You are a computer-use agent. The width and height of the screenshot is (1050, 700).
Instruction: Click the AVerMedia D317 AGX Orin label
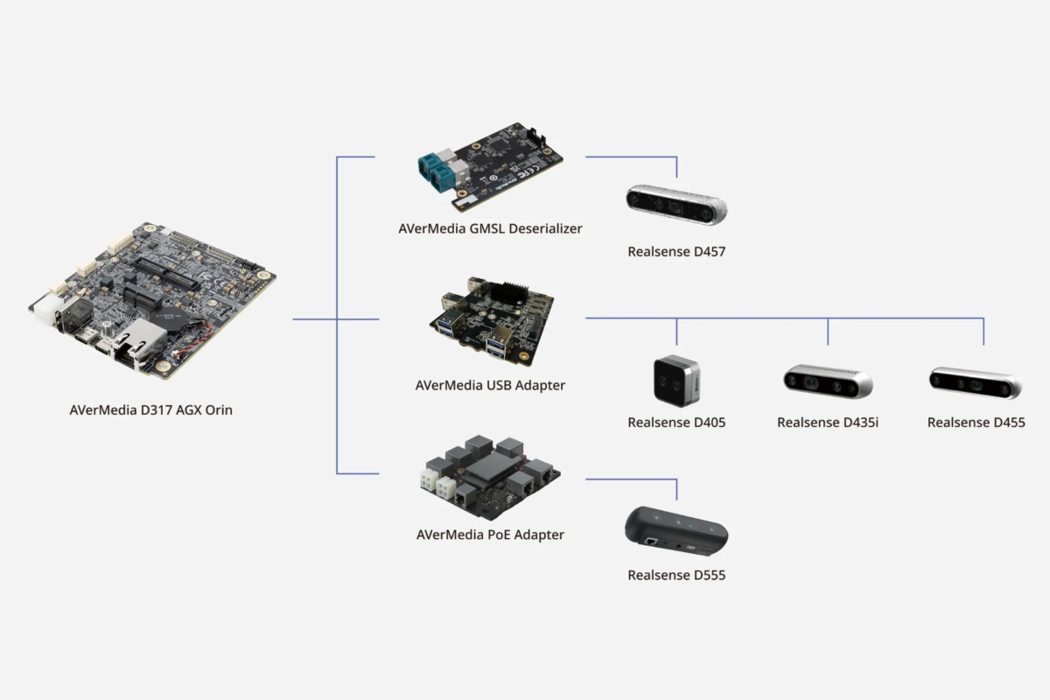tap(150, 409)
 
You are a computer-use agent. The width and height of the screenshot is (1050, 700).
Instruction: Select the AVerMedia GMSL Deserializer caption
tap(490, 228)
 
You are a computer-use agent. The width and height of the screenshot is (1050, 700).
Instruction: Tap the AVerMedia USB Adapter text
tap(490, 385)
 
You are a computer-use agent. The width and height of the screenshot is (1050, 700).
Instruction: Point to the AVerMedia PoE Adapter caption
tap(490, 535)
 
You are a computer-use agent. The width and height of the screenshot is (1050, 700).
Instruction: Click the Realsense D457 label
tap(676, 252)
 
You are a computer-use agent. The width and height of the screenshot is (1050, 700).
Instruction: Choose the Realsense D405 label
tap(676, 423)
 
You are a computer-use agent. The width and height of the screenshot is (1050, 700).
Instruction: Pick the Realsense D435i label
tap(828, 423)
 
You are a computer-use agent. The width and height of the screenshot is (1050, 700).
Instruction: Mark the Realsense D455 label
tap(976, 423)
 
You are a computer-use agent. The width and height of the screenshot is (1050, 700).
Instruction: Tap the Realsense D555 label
tap(676, 575)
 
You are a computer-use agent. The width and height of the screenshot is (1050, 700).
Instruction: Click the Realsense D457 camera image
tap(676, 204)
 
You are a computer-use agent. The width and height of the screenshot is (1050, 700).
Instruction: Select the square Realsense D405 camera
tap(676, 381)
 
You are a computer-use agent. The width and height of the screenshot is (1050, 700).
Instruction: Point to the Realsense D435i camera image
tap(828, 381)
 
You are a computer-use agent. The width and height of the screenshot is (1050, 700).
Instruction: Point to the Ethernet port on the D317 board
tap(134, 342)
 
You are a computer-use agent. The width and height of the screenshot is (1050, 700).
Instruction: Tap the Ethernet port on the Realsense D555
tap(652, 542)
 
